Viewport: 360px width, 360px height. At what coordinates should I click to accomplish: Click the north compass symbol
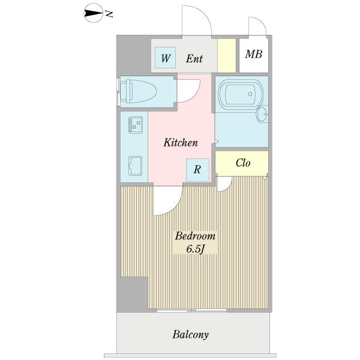coord(93,13)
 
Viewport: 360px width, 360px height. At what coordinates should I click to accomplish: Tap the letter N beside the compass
coord(109,14)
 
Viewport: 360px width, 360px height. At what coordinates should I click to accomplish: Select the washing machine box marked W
coord(166,58)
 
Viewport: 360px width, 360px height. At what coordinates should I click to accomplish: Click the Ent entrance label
coord(194,59)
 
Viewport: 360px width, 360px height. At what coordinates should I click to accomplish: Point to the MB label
coord(253,55)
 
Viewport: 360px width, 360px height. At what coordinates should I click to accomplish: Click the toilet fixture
coord(138,91)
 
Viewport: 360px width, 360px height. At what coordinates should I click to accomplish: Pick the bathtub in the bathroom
coord(241,94)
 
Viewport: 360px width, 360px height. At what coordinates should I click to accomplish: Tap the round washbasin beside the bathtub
coord(262,114)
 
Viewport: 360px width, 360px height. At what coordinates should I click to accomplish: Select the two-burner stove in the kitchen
coord(136,125)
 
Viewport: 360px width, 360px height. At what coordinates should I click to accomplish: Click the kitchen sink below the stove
coord(135,166)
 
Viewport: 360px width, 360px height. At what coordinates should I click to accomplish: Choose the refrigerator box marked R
coord(197,170)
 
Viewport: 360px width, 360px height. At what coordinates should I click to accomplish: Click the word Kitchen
coord(181,143)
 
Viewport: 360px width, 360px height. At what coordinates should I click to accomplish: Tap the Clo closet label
coord(243,163)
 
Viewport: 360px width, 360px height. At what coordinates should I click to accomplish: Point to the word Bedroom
coord(195,236)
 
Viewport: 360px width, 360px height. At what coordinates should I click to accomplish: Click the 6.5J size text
coord(195,249)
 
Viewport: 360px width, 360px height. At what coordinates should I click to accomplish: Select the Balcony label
coord(191,335)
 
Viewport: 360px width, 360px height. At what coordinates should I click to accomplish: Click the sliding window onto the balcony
coord(192,311)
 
